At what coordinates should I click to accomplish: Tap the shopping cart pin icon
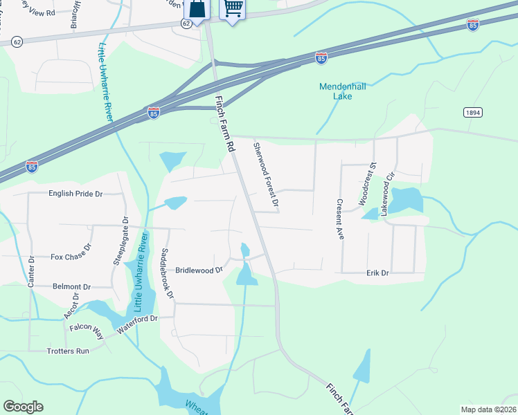click(x=233, y=8)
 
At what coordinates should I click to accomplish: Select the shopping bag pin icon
click(x=197, y=9)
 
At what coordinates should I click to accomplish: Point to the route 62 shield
click(x=186, y=23)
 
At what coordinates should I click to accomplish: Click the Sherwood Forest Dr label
click(x=265, y=175)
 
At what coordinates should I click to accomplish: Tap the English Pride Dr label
click(x=75, y=194)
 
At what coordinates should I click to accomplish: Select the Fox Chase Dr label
click(x=71, y=257)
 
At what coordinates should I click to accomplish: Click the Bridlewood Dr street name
click(x=199, y=270)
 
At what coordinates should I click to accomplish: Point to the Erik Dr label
click(x=378, y=274)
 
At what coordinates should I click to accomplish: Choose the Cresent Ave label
click(x=340, y=219)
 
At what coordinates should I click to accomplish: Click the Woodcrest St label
click(x=367, y=185)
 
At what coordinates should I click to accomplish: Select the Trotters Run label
click(x=69, y=351)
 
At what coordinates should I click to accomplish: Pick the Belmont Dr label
click(x=72, y=286)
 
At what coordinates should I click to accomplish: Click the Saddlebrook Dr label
click(x=168, y=273)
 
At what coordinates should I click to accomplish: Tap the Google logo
click(x=23, y=407)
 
